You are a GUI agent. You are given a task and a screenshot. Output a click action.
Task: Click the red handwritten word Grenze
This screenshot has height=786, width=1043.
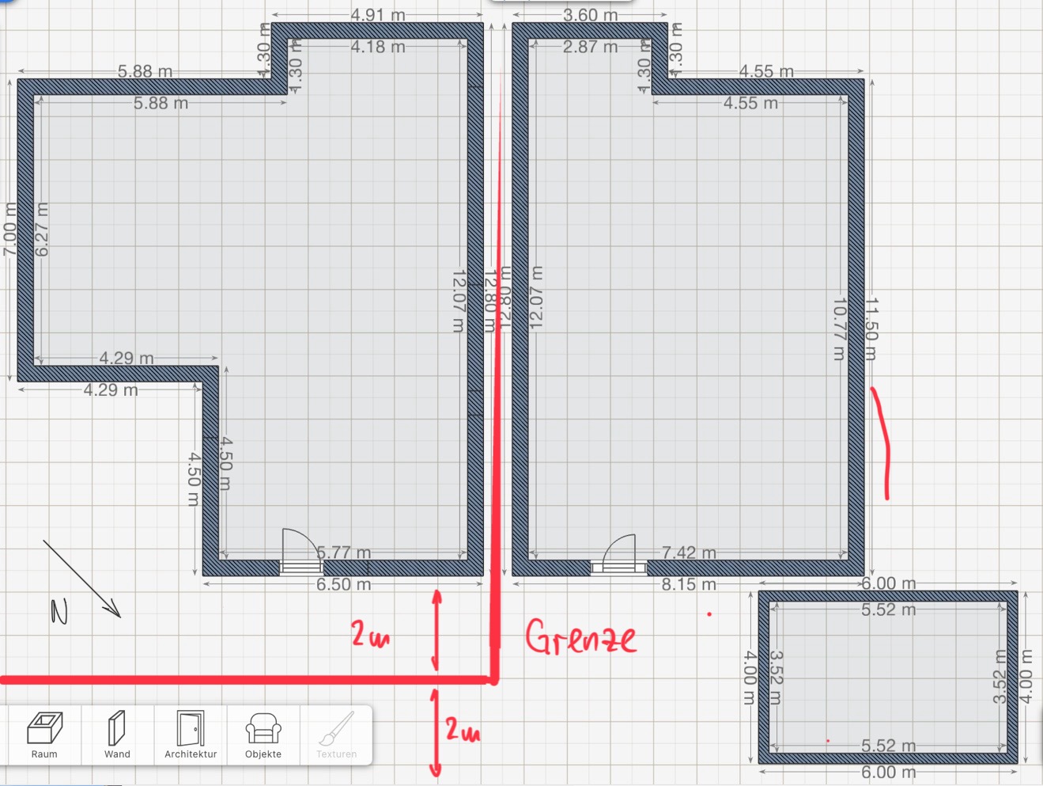580,638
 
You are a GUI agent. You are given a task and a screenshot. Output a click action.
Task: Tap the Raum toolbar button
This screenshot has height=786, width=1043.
44,734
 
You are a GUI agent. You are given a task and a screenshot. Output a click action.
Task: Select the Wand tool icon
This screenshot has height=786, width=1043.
117,734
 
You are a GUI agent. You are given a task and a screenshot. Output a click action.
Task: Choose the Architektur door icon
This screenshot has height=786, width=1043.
191,734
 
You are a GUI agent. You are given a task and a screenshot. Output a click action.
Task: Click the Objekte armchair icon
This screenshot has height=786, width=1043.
263,734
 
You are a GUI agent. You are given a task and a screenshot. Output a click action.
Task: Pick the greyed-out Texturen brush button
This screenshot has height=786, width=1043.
336,734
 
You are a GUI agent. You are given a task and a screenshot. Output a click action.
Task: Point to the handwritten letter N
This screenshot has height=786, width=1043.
59,611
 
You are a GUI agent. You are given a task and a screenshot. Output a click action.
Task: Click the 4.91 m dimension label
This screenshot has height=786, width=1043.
378,15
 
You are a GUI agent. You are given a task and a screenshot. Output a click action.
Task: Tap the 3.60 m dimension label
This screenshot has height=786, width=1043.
590,15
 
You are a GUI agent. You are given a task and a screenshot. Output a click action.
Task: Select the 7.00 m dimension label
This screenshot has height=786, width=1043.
9,229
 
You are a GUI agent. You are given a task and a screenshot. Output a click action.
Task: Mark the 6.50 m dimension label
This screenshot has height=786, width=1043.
343,585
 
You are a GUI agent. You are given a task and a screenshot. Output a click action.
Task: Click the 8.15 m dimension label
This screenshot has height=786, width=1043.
689,585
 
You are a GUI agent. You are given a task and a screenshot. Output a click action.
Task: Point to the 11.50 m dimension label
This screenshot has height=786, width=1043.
871,328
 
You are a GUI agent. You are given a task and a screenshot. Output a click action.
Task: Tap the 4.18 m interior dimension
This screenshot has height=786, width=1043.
378,47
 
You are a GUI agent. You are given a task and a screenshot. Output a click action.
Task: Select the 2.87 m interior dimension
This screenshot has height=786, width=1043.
590,47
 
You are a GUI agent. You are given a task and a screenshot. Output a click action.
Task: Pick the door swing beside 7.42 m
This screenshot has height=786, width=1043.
620,550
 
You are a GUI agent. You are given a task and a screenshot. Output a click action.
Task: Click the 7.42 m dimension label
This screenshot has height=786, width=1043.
689,552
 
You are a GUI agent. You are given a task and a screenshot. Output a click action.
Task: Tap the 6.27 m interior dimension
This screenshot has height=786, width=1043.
42,229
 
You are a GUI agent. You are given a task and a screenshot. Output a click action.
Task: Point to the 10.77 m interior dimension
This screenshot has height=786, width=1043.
839,328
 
